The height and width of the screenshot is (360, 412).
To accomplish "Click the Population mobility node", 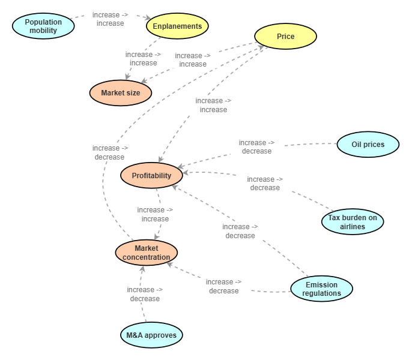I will point(44,26).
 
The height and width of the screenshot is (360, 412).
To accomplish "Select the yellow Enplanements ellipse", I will point(177,26).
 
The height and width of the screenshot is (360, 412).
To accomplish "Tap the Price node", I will point(285,37).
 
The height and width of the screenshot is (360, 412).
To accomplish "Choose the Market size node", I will point(120,93).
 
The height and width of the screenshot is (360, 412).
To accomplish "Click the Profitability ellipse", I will point(151,176).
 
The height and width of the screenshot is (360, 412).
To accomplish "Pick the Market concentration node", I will point(147,253).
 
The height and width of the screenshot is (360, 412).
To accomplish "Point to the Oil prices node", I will point(368,145).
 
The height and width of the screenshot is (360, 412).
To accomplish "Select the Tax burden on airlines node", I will point(352,222).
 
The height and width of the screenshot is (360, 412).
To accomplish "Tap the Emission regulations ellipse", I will point(321,289).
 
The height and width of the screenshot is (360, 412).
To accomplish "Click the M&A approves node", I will point(151,335).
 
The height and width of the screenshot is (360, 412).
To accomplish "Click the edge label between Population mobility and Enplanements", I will point(110,19).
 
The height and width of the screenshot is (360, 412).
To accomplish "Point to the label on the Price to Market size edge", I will point(192,60).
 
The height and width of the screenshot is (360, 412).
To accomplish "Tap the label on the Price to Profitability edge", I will point(213,105).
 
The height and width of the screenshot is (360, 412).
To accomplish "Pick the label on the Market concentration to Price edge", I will point(110,152).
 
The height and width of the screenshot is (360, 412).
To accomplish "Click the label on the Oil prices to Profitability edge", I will point(256,147).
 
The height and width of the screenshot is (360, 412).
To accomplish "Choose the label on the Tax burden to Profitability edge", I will point(265,184).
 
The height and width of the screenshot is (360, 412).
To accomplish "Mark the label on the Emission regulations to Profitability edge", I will point(240,231).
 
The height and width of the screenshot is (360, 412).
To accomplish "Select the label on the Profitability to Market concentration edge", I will point(155,214).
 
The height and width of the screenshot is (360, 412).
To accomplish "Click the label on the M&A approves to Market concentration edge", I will point(145,294).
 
